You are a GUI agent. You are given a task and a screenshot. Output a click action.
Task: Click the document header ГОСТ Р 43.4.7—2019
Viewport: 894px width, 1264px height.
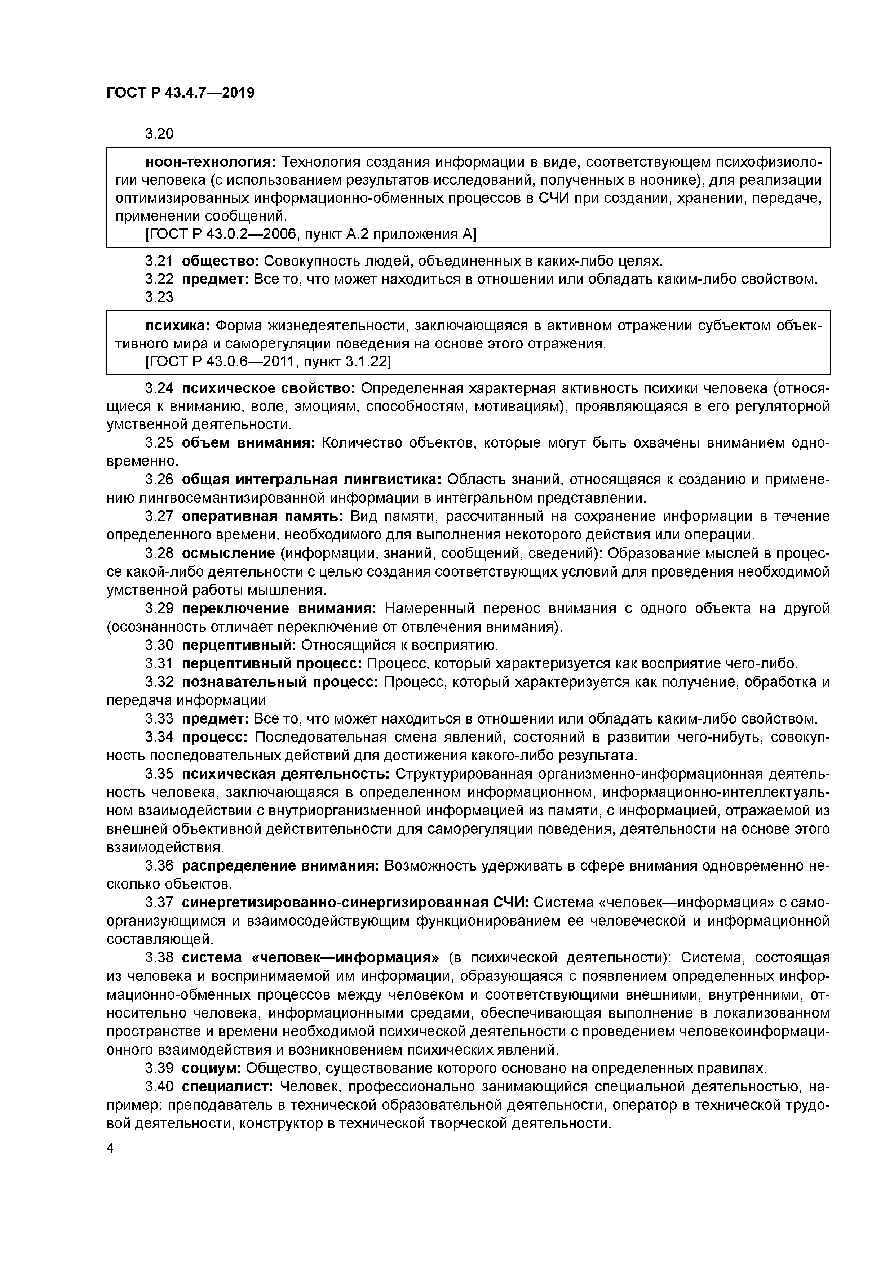click(x=180, y=93)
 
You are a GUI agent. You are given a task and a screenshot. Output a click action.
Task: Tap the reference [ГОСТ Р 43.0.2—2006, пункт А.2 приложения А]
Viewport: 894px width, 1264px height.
click(x=311, y=235)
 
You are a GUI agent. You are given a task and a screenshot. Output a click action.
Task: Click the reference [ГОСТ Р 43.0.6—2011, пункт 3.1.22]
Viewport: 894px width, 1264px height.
click(x=268, y=361)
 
